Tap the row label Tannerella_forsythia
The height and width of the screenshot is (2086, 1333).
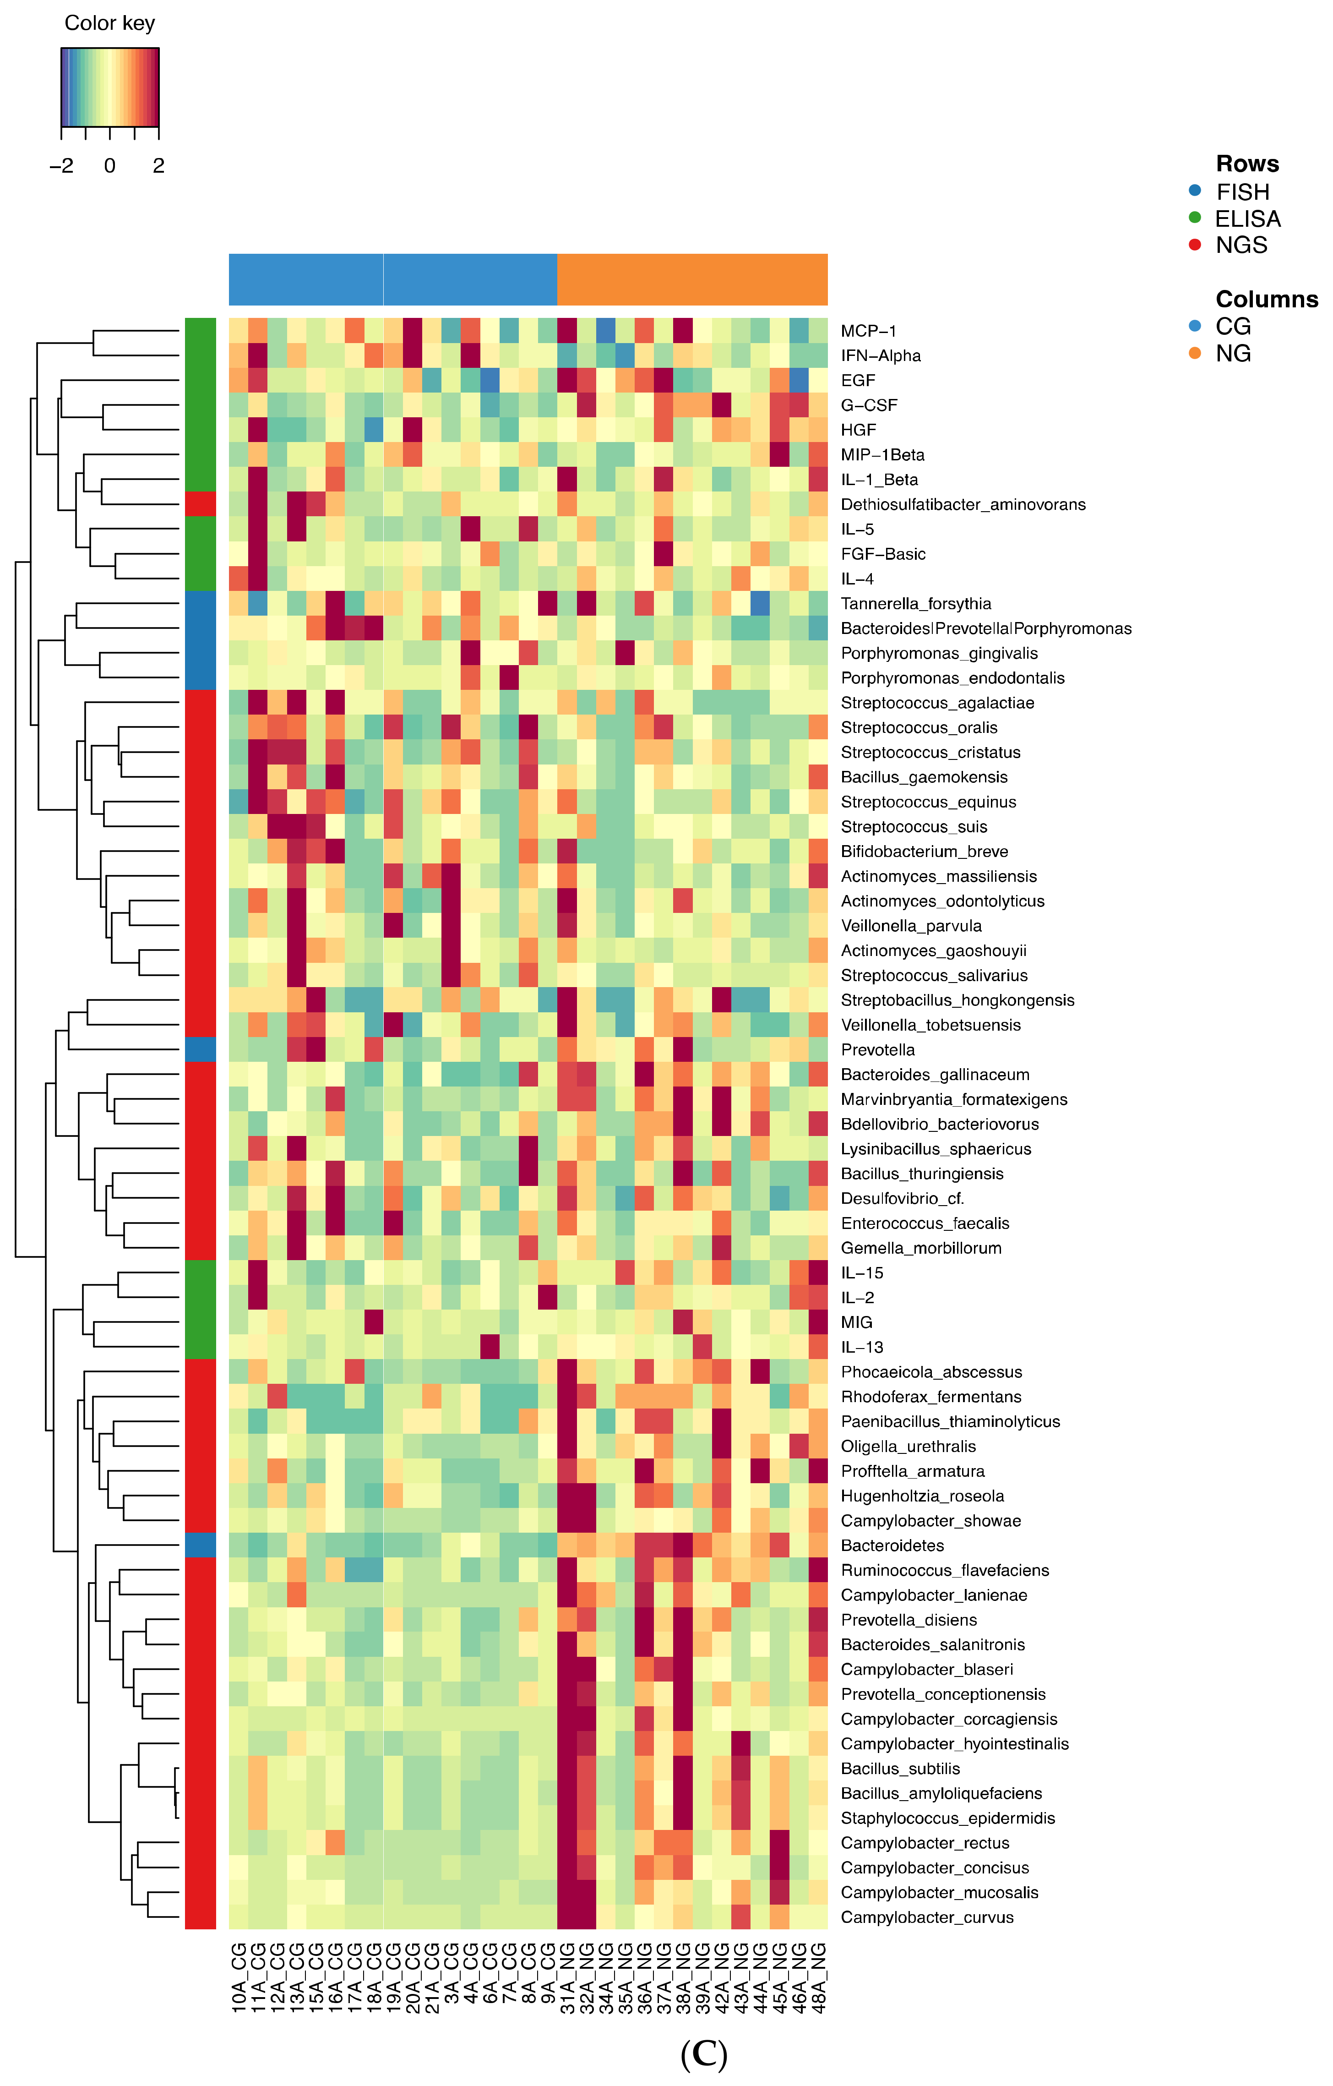point(915,604)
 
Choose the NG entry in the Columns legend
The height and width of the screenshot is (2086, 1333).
point(1233,354)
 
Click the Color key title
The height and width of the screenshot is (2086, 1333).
point(109,23)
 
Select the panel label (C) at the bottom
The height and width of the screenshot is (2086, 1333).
point(703,2054)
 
